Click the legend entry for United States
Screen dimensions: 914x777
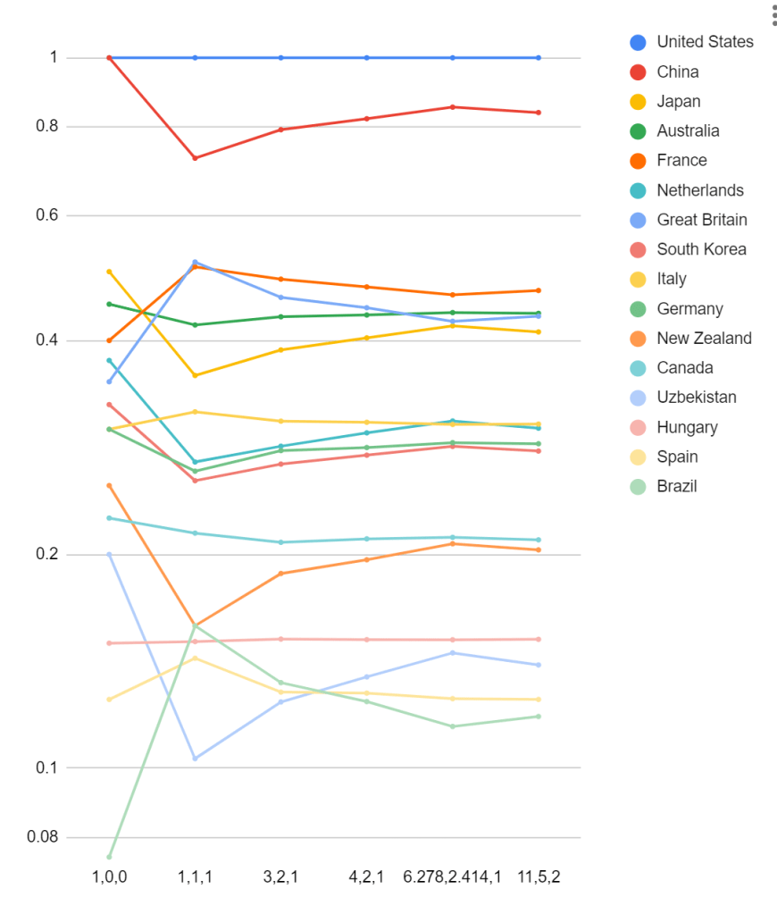pos(705,42)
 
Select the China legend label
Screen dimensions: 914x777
pos(677,71)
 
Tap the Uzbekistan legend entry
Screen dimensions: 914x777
pos(697,398)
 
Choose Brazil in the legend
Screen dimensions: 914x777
pos(676,486)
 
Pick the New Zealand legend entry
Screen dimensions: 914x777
pos(704,338)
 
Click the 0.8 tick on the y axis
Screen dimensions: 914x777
pos(46,126)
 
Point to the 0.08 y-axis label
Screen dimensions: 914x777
pos(42,837)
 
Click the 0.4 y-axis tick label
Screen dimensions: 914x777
pos(46,340)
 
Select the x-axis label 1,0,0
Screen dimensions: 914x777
pos(110,876)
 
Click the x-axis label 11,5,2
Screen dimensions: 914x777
pos(539,876)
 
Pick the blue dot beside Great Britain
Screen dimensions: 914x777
pos(638,220)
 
